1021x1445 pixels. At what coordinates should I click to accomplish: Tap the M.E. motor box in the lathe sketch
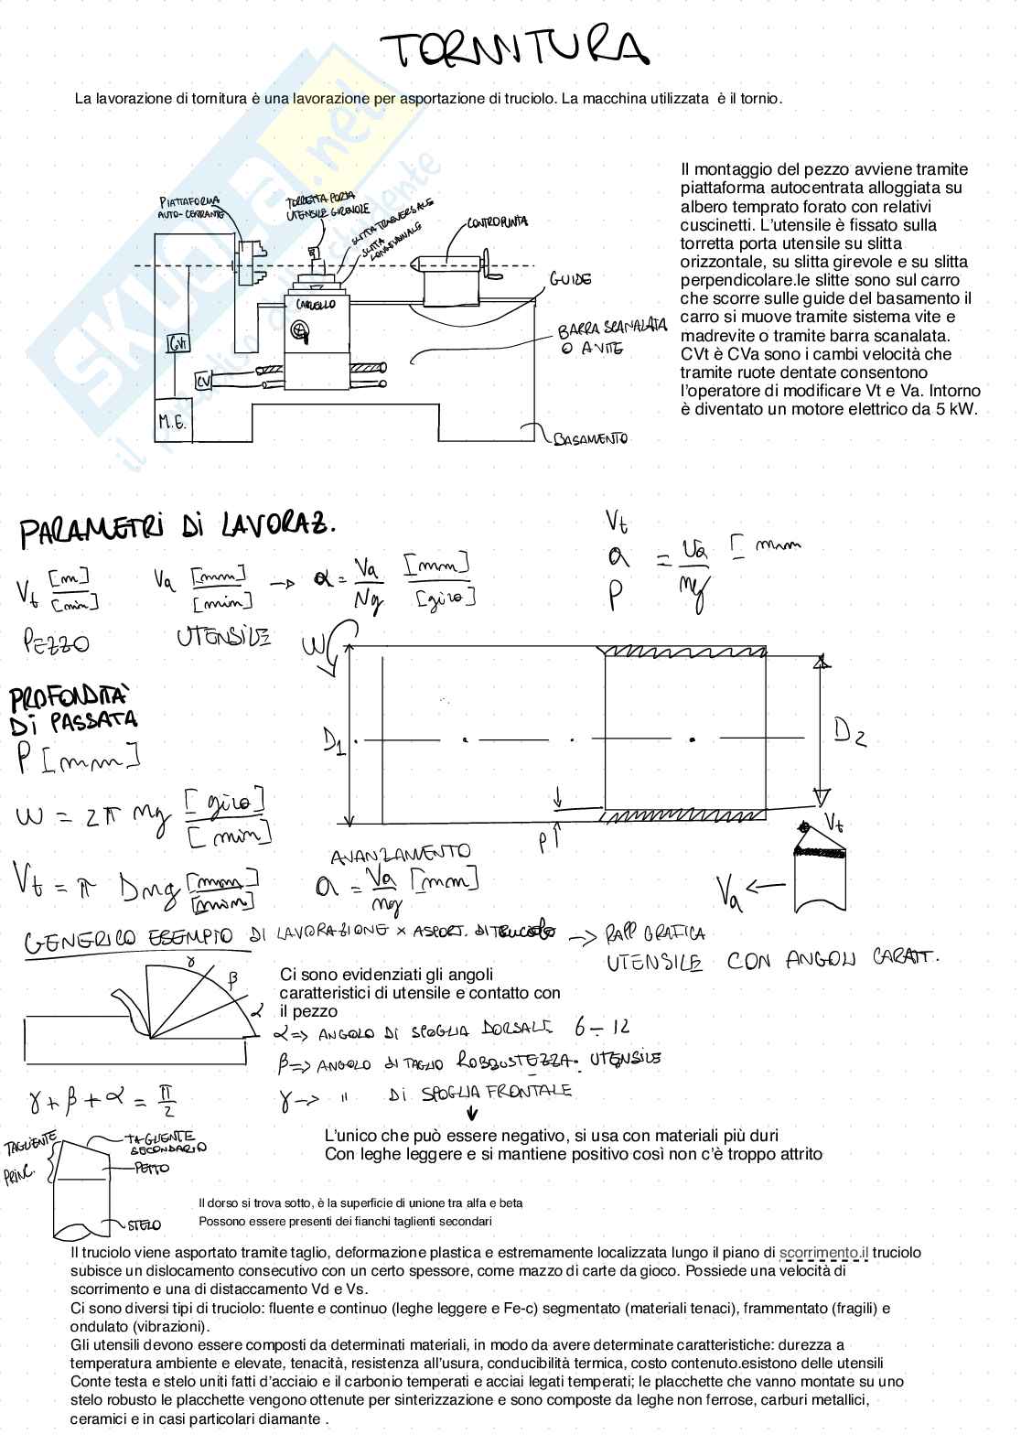click(172, 422)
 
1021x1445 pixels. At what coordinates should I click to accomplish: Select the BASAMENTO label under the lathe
click(591, 439)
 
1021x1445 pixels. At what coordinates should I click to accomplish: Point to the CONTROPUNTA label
click(497, 222)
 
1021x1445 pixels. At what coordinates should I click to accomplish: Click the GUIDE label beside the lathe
click(570, 279)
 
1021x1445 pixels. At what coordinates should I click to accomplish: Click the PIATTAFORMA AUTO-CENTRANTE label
click(190, 208)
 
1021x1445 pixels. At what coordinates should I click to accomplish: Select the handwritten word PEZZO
click(56, 643)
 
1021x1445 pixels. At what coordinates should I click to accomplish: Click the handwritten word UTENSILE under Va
click(223, 636)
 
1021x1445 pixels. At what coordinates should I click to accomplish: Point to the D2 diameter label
click(848, 731)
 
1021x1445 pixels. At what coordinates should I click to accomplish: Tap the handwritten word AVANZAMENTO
click(400, 854)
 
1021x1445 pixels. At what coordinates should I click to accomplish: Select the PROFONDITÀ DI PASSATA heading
click(73, 711)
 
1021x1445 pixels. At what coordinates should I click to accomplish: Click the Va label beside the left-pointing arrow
click(729, 889)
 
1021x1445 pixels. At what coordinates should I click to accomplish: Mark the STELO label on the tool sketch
click(143, 1224)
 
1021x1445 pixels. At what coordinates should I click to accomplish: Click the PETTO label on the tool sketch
click(152, 1169)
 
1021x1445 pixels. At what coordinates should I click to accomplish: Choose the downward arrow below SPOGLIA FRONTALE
click(472, 1114)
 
